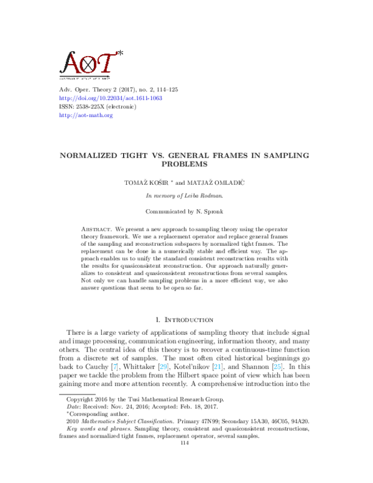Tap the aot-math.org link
tap(77, 115)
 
